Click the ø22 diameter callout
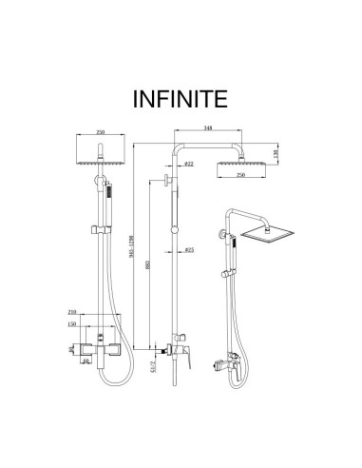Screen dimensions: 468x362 (x=189, y=165)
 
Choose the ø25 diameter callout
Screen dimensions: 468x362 (x=189, y=251)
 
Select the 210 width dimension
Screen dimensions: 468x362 (x=72, y=311)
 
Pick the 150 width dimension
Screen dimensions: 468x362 (x=72, y=323)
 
